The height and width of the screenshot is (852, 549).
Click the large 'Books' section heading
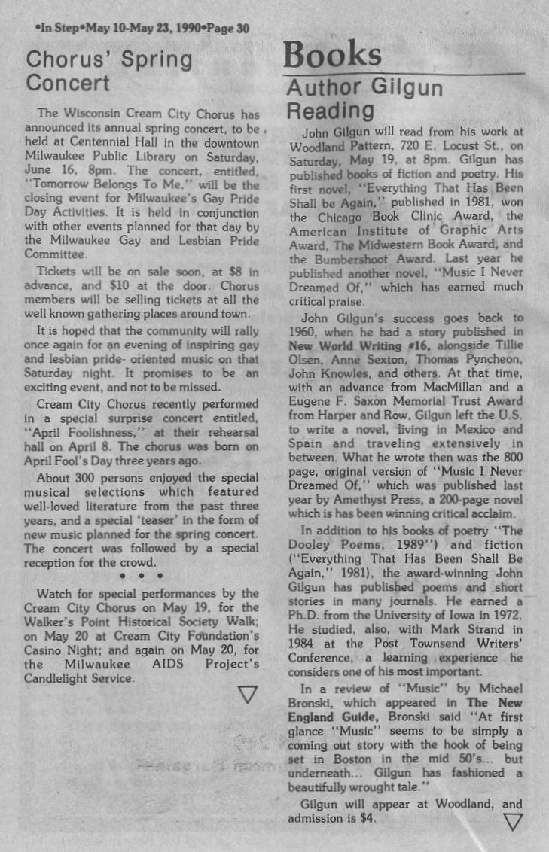coord(332,54)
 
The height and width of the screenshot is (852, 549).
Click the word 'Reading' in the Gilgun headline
coord(330,111)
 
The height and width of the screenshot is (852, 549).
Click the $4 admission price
coord(364,818)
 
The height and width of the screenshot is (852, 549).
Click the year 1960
coord(303,332)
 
